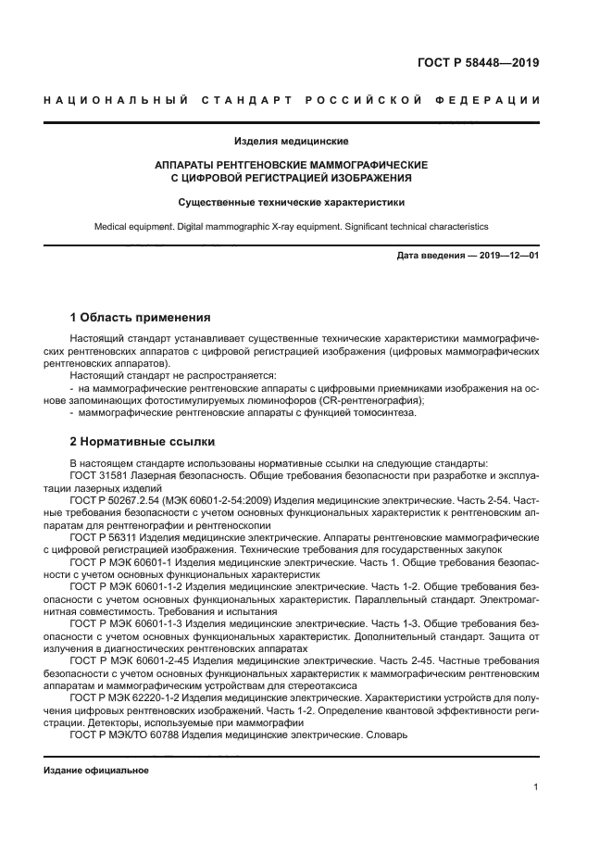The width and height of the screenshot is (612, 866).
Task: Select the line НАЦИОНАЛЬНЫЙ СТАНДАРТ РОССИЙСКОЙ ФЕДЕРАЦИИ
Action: point(292,99)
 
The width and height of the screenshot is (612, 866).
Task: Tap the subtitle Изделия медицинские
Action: point(291,142)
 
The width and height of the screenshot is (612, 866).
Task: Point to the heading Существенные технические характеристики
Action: point(291,201)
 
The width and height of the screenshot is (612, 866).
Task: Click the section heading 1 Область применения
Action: point(140,317)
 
